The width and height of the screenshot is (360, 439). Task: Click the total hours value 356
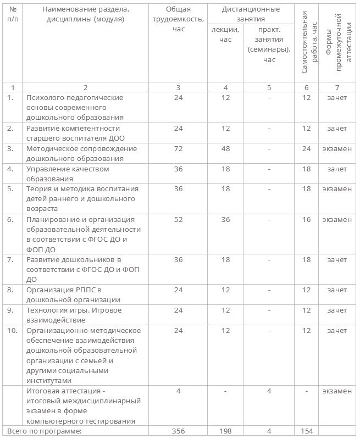(178, 431)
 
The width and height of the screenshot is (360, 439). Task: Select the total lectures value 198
(225, 431)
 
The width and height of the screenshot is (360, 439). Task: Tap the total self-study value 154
(306, 431)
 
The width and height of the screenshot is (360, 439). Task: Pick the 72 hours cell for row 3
(178, 148)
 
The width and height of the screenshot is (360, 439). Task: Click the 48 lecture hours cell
(225, 148)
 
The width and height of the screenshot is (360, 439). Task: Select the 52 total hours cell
(178, 219)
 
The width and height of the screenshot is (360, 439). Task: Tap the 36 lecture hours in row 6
(225, 219)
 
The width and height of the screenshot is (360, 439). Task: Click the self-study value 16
(306, 219)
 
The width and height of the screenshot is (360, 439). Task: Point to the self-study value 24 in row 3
(306, 148)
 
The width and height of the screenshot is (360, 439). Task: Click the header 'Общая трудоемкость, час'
(178, 19)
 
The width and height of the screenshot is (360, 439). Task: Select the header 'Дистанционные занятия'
(251, 14)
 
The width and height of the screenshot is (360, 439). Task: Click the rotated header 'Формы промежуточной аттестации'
(337, 48)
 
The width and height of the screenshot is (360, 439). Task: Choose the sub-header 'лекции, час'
(225, 34)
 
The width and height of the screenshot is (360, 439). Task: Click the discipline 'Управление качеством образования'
(68, 174)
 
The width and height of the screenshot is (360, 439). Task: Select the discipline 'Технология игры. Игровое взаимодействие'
(74, 315)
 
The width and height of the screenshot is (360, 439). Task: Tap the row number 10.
(12, 330)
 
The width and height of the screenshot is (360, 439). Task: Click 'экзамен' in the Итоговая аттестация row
(337, 391)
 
